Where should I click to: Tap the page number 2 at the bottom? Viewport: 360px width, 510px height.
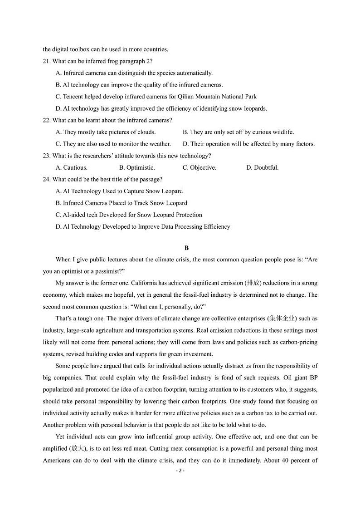click(x=180, y=471)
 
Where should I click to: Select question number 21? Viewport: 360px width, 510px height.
click(x=47, y=61)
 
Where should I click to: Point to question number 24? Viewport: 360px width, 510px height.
click(x=47, y=179)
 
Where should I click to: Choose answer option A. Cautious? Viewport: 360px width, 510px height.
click(x=71, y=167)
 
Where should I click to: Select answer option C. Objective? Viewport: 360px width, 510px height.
click(x=199, y=167)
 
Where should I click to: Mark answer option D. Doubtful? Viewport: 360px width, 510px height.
click(x=262, y=167)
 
